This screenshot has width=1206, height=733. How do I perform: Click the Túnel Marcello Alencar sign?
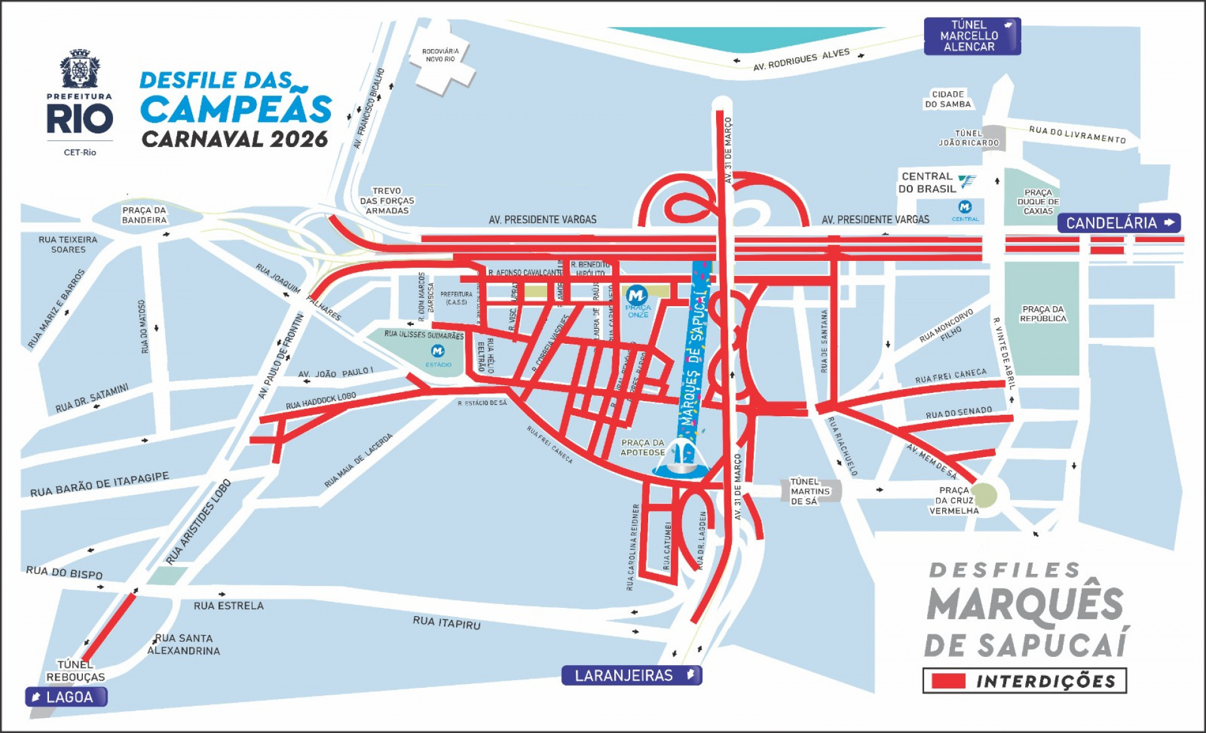pyautogui.click(x=971, y=36)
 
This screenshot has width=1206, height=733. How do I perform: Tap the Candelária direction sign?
pyautogui.click(x=1119, y=223)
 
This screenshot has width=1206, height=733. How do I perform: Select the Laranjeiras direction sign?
pyautogui.click(x=631, y=675)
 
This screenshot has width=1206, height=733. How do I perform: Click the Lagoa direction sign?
pyautogui.click(x=66, y=697)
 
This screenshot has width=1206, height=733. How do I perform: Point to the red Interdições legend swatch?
pyautogui.click(x=948, y=681)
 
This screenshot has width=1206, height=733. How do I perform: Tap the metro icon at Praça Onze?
pyautogui.click(x=637, y=295)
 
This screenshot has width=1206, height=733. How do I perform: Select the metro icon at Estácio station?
pyautogui.click(x=438, y=351)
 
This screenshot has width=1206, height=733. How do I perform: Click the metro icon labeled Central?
pyautogui.click(x=965, y=207)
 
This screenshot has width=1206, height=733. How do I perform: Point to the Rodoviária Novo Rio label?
pyautogui.click(x=440, y=55)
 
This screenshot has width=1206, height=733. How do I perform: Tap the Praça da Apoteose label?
pyautogui.click(x=642, y=448)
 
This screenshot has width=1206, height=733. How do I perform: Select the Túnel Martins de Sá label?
pyautogui.click(x=810, y=491)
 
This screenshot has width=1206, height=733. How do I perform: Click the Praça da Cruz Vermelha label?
pyautogui.click(x=953, y=500)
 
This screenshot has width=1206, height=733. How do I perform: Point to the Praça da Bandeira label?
pyautogui.click(x=144, y=215)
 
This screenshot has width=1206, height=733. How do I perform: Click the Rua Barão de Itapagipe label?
pyautogui.click(x=99, y=485)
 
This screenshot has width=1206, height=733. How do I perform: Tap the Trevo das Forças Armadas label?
pyautogui.click(x=387, y=201)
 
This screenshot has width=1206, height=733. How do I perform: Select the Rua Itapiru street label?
pyautogui.click(x=446, y=622)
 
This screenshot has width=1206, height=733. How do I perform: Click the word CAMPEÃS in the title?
pyautogui.click(x=236, y=109)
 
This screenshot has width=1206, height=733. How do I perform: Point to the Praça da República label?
pyautogui.click(x=1043, y=314)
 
